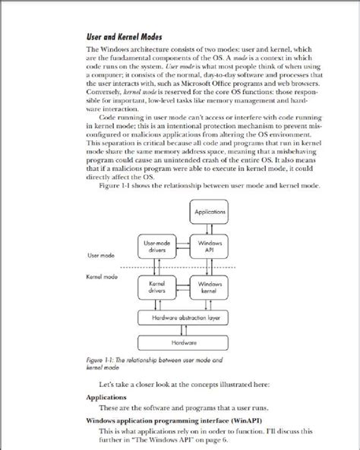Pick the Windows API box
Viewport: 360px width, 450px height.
coord(210,246)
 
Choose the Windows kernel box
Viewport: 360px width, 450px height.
coord(210,286)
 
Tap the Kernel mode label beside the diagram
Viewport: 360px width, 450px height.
coord(103,277)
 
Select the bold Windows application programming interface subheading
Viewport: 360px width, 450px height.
coord(165,420)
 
